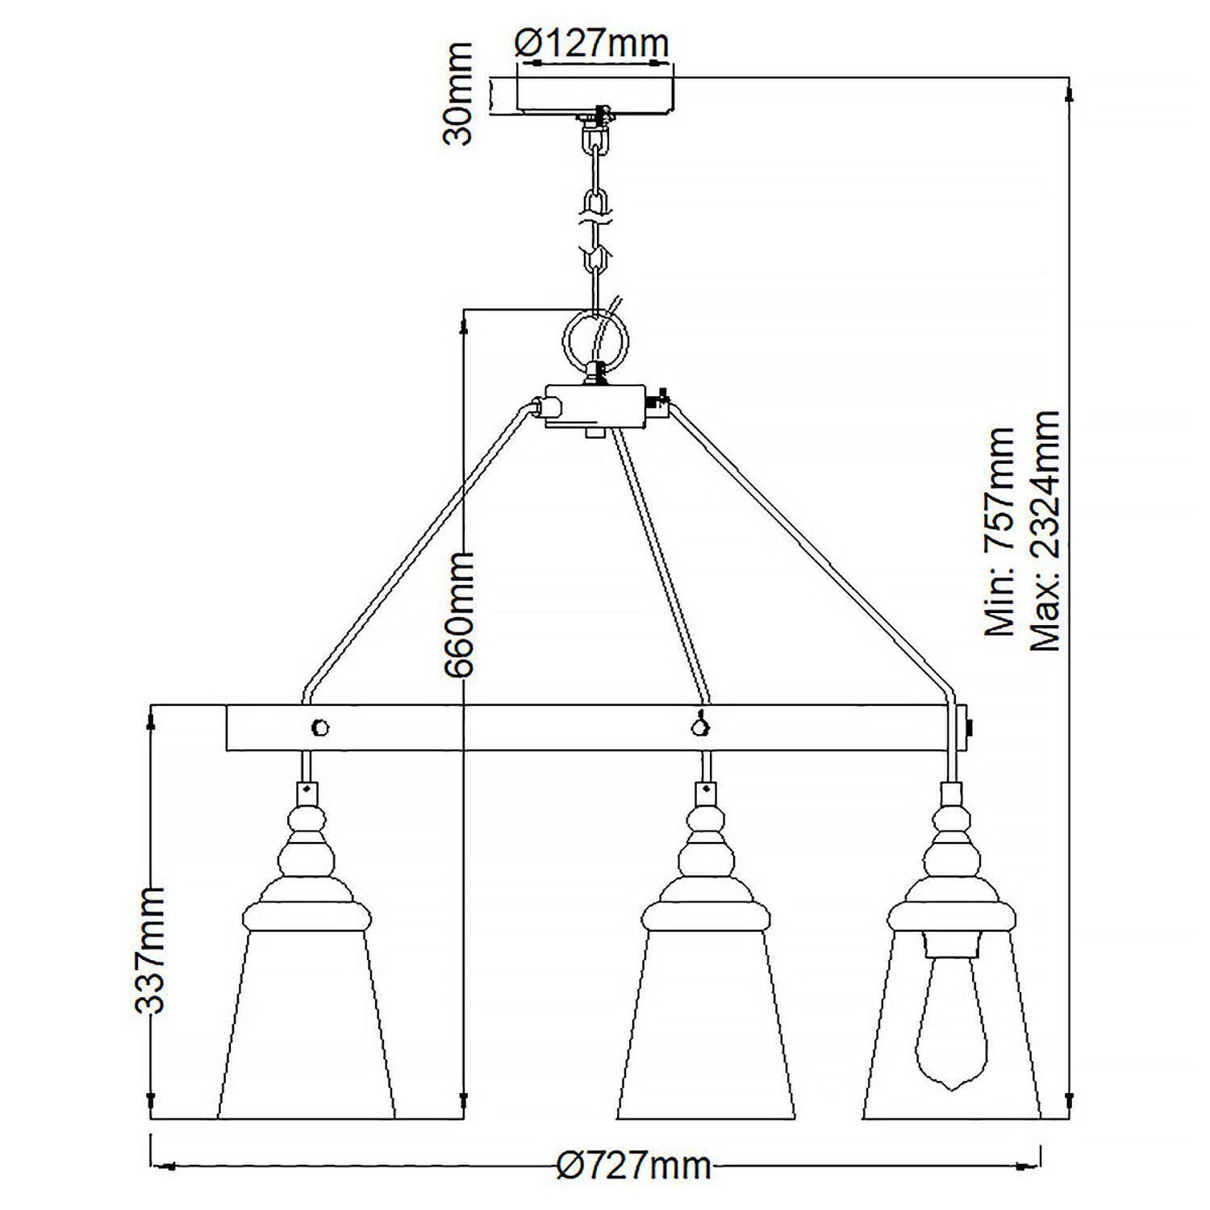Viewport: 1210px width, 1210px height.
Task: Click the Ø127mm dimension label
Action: tap(593, 42)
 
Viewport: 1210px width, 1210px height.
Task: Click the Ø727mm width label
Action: tap(635, 1166)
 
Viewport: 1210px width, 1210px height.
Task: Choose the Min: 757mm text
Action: tap(1000, 532)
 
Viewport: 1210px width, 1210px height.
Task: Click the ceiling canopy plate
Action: tap(595, 94)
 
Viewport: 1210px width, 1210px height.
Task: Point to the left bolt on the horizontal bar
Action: tap(320, 727)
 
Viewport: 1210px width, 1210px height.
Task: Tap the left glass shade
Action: tap(307, 1024)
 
